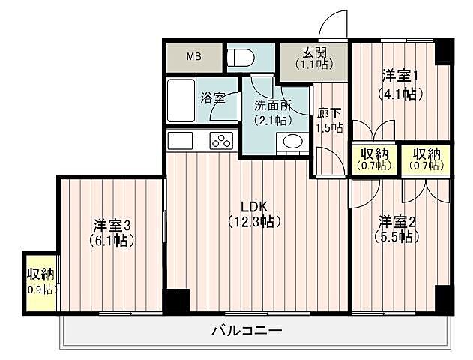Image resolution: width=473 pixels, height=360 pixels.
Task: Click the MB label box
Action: [x=194, y=57]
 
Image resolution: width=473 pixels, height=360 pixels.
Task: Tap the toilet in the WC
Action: [x=241, y=58]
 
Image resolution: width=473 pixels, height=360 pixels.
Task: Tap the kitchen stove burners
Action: [x=222, y=139]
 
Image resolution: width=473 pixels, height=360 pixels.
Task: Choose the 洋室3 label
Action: [x=112, y=225]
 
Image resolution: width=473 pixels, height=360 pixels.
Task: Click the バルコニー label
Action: [x=246, y=330]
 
